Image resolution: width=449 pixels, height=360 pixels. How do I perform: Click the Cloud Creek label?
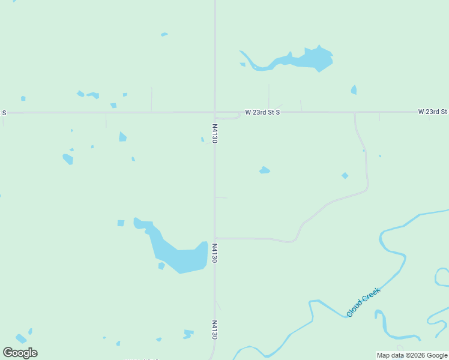click(364, 302)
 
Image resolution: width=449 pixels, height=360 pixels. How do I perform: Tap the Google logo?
click(20, 353)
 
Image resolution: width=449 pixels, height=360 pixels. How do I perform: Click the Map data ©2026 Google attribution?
click(412, 355)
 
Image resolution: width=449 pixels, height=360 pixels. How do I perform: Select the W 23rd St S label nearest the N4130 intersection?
click(262, 112)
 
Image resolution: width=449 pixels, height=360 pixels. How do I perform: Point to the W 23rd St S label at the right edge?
click(433, 112)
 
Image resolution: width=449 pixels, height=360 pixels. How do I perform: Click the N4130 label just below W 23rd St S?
click(215, 133)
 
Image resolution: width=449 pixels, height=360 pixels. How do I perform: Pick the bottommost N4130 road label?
click(214, 330)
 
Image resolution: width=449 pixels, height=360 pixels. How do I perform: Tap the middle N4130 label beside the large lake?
click(214, 253)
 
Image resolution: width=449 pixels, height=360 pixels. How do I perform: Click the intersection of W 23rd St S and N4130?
click(215, 112)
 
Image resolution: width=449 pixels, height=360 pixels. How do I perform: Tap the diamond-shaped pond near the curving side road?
click(345, 176)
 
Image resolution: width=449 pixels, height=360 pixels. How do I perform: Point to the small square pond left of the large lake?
click(121, 223)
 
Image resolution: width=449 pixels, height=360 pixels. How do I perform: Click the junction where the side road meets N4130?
click(215, 238)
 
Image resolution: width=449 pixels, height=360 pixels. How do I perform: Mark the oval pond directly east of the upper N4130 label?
click(264, 171)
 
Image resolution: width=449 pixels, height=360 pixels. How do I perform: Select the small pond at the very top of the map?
click(164, 34)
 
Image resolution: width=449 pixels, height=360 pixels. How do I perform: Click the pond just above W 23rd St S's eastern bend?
click(354, 90)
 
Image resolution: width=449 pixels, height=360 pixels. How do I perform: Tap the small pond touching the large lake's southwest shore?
click(161, 266)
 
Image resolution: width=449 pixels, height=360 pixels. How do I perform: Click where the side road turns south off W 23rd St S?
click(355, 113)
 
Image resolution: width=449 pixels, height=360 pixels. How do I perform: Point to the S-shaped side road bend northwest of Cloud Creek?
click(299, 230)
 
